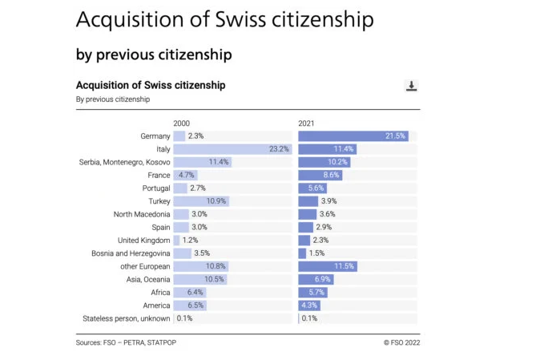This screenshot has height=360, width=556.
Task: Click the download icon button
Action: (x=412, y=87)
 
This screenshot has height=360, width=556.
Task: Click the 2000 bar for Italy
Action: (x=232, y=149)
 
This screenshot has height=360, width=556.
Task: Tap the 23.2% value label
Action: (x=279, y=149)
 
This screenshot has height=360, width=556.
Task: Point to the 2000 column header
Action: (x=182, y=123)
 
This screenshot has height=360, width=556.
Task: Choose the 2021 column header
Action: (x=306, y=123)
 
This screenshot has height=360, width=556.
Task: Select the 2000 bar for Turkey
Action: (x=200, y=201)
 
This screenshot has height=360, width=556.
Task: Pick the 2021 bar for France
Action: (x=320, y=175)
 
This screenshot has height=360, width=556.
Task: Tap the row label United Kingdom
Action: (x=143, y=241)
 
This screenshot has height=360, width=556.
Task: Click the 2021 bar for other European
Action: (x=327, y=266)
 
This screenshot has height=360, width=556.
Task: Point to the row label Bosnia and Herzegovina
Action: (x=130, y=253)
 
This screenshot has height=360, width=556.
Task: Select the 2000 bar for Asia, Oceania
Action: (x=199, y=279)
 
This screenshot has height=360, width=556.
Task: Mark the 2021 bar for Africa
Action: (x=312, y=293)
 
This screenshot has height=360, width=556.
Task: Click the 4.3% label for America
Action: (x=310, y=305)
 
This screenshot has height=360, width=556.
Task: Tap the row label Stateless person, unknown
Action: (x=127, y=318)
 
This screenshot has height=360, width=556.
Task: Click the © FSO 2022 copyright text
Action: (x=401, y=342)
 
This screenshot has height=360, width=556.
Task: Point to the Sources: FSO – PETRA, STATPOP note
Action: (x=127, y=342)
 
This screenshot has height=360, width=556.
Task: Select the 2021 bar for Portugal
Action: (x=312, y=188)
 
